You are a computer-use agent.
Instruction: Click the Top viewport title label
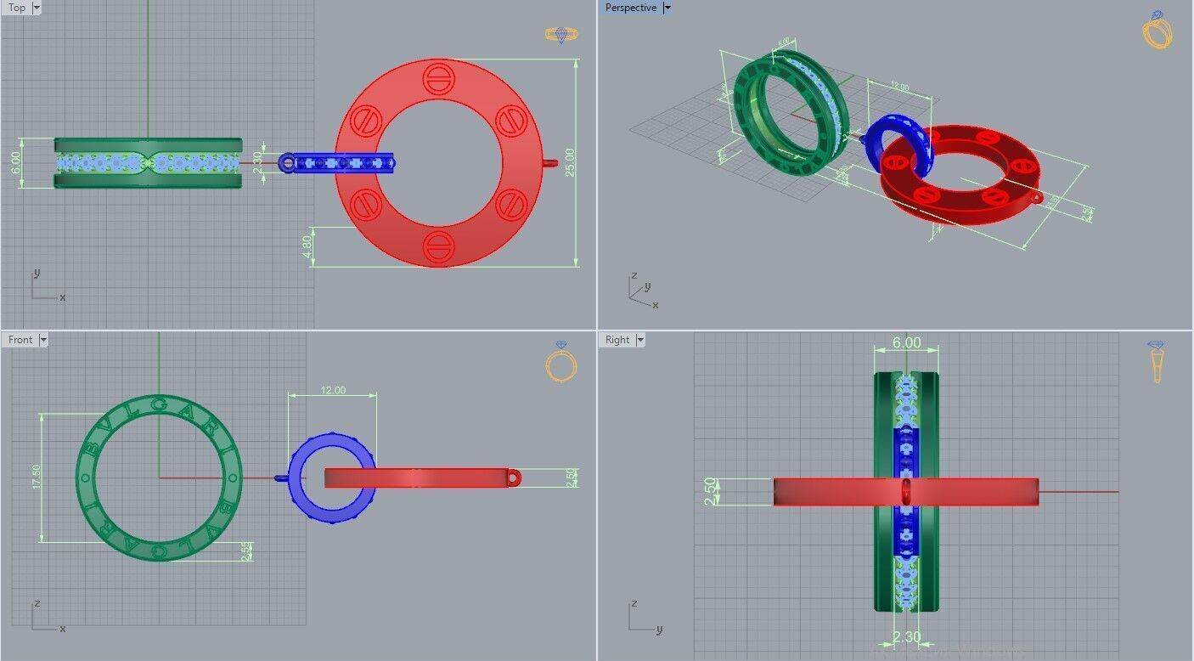point(16,8)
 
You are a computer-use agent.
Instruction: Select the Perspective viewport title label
point(630,8)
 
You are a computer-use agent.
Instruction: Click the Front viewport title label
point(20,340)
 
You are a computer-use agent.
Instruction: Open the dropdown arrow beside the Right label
point(639,340)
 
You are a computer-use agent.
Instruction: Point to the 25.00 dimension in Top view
point(570,162)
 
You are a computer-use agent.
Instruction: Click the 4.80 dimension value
point(307,246)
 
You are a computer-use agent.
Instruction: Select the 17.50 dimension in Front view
point(36,477)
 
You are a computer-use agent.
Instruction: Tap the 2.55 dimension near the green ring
point(245,552)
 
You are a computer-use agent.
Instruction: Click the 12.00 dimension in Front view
point(333,391)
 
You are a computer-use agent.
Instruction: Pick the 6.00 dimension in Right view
point(906,342)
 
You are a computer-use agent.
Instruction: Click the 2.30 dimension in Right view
point(906,636)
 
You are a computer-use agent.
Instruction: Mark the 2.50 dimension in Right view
point(711,491)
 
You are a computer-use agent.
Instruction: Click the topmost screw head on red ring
point(438,79)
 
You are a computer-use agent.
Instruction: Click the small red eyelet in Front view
point(514,478)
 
